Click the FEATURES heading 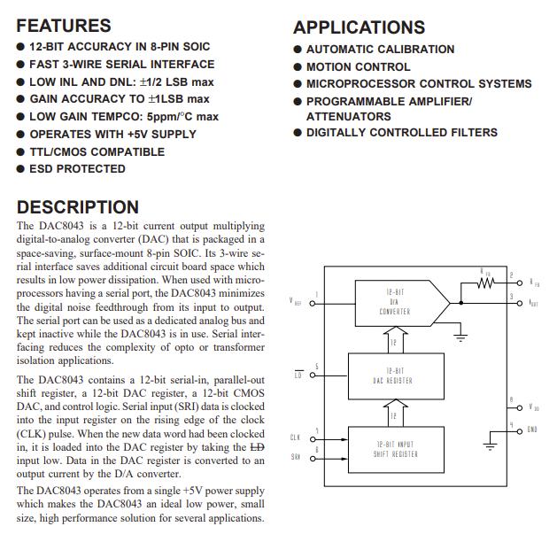pos(64,26)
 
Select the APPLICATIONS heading pos(359,27)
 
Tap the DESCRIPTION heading pos(78,207)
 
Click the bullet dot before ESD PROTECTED pos(20,169)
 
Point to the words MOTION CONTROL pos(358,66)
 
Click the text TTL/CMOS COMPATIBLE pos(97,151)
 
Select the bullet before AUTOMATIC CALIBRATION pos(298,50)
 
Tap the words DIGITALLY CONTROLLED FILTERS pos(401,133)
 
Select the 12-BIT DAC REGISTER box pos(392,376)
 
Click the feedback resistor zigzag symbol pos(484,283)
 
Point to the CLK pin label pos(296,437)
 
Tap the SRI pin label pos(296,457)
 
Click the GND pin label pos(531,430)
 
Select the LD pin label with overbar pos(298,376)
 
